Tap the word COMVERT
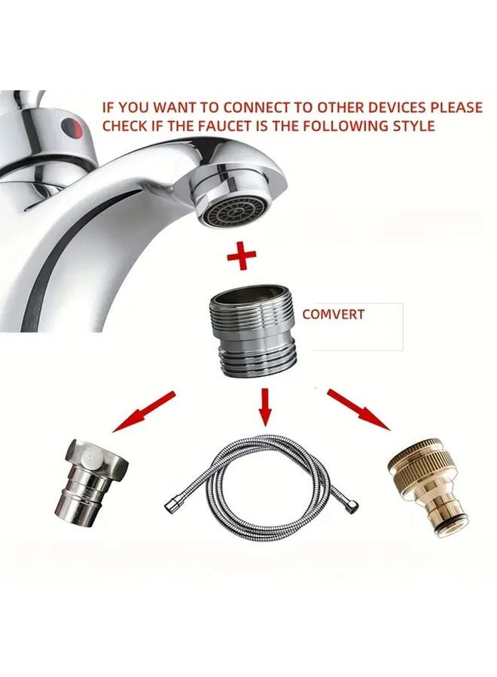coord(333,314)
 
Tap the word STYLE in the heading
coord(413,126)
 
